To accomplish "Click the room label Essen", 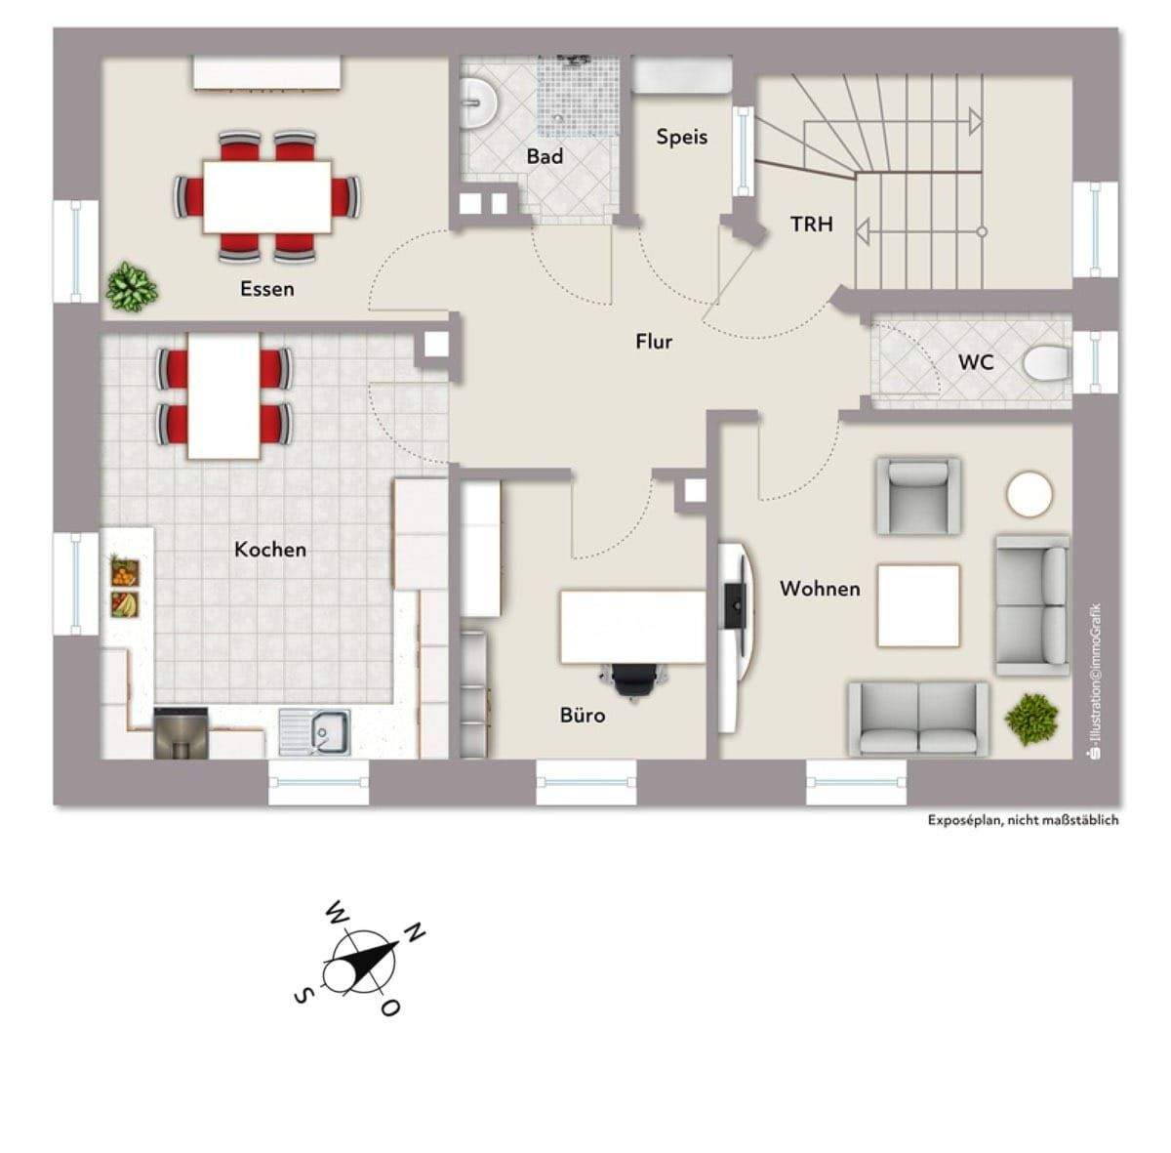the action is [266, 288].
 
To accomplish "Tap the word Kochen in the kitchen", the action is [269, 549].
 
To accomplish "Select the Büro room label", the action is [583, 715].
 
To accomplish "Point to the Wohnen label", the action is [820, 588].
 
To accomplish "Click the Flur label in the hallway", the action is [654, 341].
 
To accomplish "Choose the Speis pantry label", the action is [682, 137].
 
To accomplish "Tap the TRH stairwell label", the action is [811, 224].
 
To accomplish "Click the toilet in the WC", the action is [1046, 363].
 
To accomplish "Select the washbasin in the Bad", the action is [478, 103].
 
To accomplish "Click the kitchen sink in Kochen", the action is [314, 732].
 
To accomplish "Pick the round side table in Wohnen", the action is [1029, 494].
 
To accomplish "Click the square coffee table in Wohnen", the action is [918, 605].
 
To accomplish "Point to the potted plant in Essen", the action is [132, 286].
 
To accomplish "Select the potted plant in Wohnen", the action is [1031, 719].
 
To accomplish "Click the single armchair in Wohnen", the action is [917, 496].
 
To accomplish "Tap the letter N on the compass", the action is [416, 932].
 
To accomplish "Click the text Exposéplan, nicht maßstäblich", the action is [1022, 820].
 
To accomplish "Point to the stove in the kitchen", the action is [181, 733].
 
